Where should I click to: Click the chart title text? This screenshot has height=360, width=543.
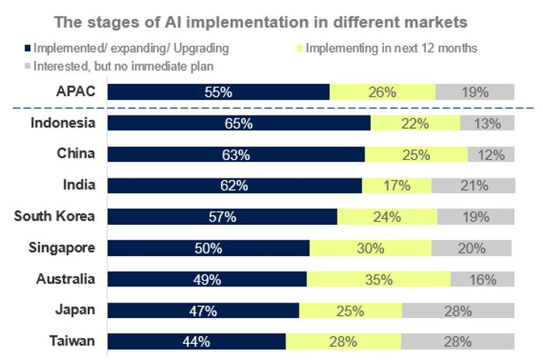tap(271, 19)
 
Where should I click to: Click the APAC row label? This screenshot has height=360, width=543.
tap(76, 92)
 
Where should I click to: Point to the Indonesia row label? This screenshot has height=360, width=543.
tap(63, 123)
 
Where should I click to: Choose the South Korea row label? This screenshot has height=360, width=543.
tap(54, 216)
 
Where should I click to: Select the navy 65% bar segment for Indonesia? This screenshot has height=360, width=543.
tap(239, 123)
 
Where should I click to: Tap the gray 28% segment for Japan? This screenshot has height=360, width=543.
tap(458, 310)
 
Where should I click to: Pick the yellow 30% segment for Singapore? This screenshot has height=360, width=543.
tap(370, 248)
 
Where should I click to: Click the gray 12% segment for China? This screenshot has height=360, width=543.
tap(491, 154)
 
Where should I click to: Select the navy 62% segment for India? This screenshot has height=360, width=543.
tap(234, 185)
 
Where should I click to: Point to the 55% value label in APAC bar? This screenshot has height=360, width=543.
tap(219, 92)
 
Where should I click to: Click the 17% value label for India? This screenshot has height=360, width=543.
tap(396, 185)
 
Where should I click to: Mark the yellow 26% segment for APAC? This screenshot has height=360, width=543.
tap(382, 92)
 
